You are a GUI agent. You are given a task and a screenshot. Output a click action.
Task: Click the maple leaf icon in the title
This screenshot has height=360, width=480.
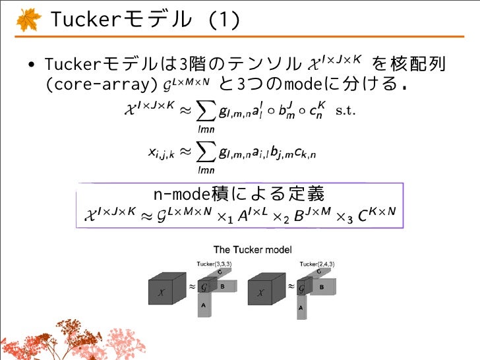[27, 20]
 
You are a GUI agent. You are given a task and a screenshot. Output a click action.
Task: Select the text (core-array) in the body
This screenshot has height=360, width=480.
[98, 85]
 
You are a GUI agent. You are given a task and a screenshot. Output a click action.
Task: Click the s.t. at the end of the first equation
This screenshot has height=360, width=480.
[345, 110]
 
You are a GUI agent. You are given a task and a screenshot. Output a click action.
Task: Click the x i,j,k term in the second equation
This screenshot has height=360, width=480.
[161, 154]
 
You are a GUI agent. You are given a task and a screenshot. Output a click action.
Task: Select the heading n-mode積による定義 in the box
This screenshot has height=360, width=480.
[239, 195]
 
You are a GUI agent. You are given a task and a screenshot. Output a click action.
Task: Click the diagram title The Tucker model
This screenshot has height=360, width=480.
[253, 250]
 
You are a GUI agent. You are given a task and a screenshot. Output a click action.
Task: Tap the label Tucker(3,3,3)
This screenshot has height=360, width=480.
[214, 264]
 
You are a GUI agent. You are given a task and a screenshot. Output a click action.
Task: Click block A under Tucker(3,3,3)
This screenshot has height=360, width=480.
[204, 305]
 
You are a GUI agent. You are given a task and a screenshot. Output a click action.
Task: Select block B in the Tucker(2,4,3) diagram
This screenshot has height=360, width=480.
[321, 287]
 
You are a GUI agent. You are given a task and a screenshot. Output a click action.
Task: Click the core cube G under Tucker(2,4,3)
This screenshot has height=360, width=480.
[303, 287]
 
